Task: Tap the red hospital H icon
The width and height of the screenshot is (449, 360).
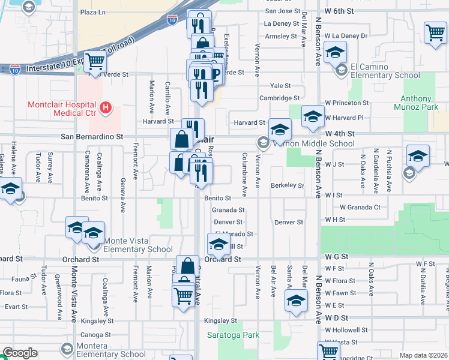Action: [106, 108]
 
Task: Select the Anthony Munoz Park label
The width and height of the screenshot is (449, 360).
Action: [424, 103]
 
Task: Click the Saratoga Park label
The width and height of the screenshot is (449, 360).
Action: [234, 335]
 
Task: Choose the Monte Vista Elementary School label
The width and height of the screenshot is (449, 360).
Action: [139, 245]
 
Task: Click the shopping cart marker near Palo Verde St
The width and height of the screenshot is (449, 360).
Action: [95, 61]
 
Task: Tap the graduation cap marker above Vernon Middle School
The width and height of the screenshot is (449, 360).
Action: [280, 128]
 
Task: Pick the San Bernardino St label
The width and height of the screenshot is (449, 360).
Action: [91, 137]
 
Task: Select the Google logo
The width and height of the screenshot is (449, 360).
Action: [20, 353]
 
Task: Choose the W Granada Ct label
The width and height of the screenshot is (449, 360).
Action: [360, 207]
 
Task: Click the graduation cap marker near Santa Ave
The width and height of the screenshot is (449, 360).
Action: [297, 301]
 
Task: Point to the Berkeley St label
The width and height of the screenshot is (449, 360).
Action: [287, 186]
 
